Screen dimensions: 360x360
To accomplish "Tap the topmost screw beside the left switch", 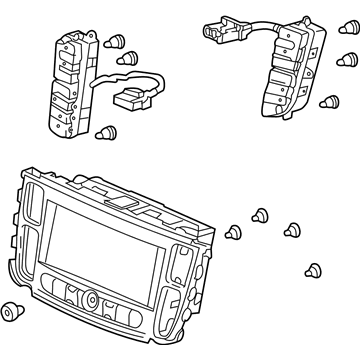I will [x=119, y=41].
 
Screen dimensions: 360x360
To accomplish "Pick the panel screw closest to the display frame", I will [x=235, y=233].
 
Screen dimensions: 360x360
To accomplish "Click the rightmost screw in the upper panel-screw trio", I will [x=294, y=228].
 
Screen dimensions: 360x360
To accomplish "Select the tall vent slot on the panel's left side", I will [x=33, y=229].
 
